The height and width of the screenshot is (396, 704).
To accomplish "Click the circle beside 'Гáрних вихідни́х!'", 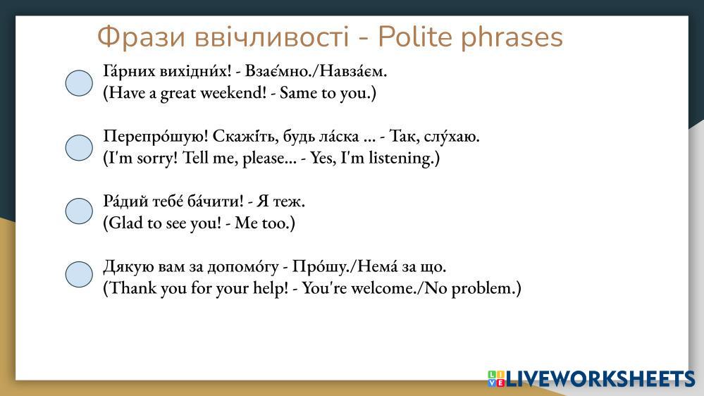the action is point(79,83).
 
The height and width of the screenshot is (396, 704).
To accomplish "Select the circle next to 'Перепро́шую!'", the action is point(79,148).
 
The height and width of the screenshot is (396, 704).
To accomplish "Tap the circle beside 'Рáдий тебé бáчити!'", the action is point(79,211).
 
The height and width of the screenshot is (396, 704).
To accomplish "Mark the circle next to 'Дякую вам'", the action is point(79,274).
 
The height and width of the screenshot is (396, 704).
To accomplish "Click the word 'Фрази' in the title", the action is point(141,37).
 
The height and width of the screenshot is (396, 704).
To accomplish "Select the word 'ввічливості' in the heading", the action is point(271,37).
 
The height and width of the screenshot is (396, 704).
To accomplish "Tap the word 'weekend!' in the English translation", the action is point(233,93).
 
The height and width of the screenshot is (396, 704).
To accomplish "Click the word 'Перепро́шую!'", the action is point(156,136).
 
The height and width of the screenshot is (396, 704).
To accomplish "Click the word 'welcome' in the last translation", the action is point(383,287).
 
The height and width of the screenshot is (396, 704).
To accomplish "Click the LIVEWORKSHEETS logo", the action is point(591,378).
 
